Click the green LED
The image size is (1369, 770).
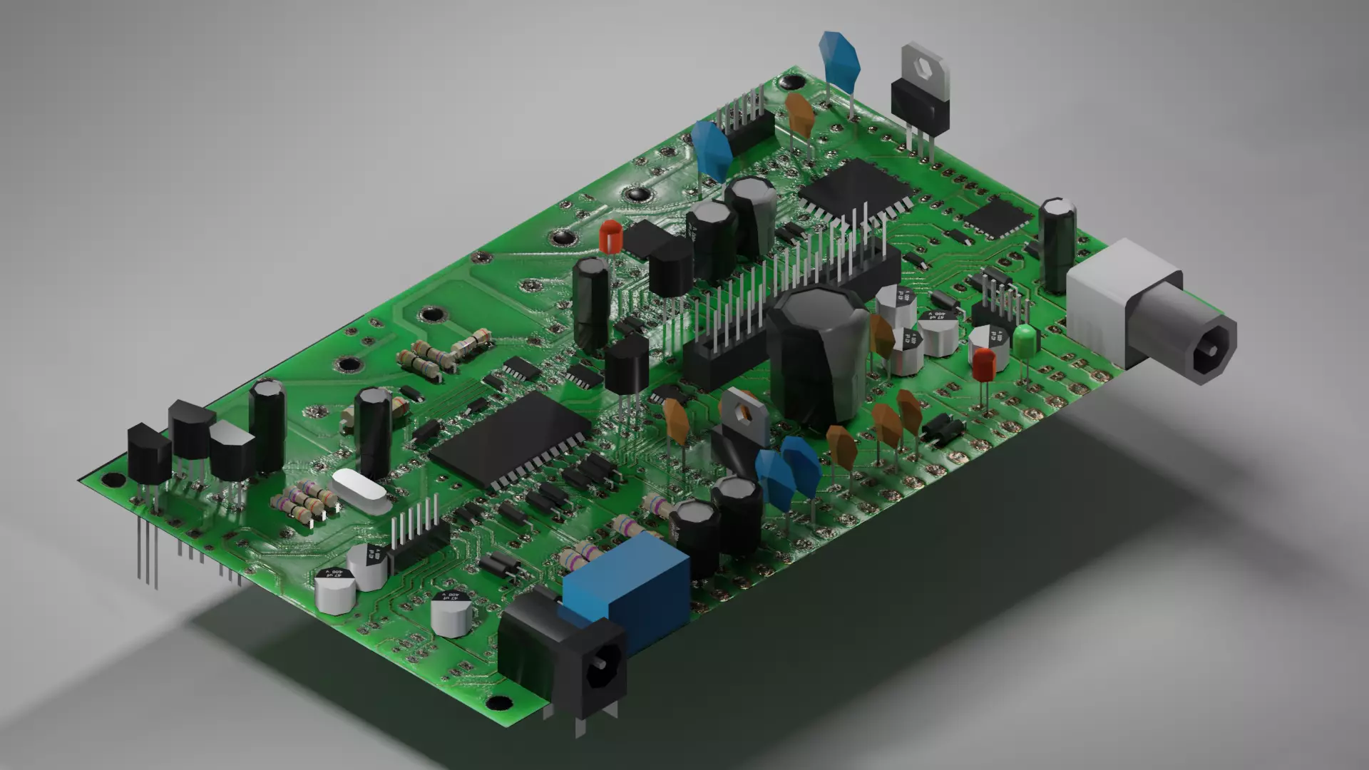click(x=1025, y=341)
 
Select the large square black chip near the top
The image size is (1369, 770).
click(x=856, y=188)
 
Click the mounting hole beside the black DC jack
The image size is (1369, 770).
click(x=501, y=702)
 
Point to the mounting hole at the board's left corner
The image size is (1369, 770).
click(x=111, y=479)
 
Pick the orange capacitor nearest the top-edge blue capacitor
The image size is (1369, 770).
click(x=801, y=114)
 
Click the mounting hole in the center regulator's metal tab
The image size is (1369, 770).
click(x=746, y=411)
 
